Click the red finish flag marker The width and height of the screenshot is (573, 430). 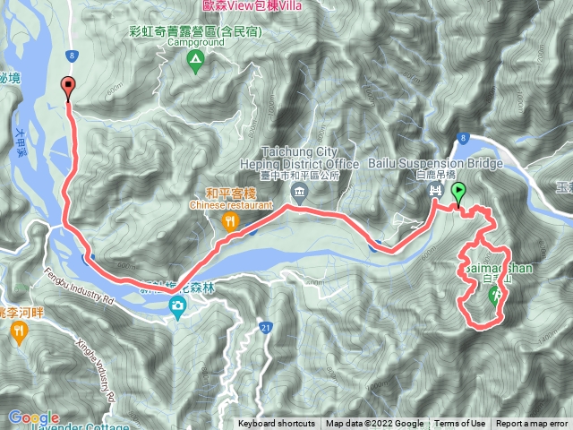(x=69, y=87)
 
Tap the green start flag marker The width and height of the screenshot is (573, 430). (x=458, y=191)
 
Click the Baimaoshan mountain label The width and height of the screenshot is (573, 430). (x=489, y=270)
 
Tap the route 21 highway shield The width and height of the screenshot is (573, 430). (x=267, y=329)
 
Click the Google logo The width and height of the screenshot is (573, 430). (x=34, y=417)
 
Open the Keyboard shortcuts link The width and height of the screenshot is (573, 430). (x=276, y=424)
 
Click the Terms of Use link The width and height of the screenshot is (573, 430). (x=460, y=424)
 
